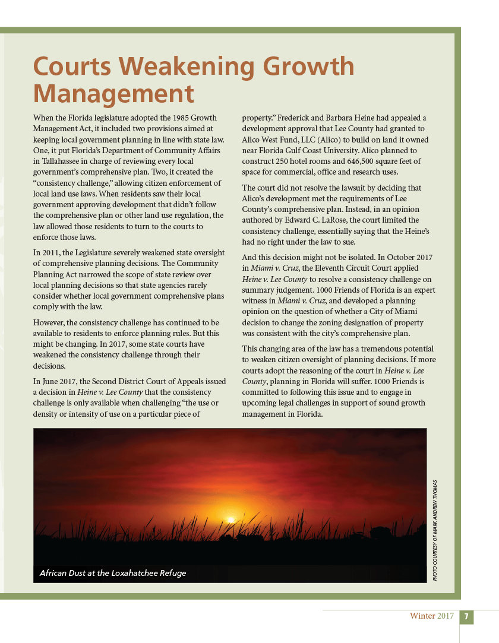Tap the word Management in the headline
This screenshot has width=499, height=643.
click(x=113, y=94)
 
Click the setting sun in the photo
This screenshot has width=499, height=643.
click(x=230, y=520)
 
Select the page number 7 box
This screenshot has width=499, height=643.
click(x=467, y=616)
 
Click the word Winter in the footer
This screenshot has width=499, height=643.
click(x=422, y=616)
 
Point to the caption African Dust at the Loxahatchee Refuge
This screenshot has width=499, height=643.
click(x=112, y=573)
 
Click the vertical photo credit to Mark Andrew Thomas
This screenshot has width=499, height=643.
click(x=435, y=530)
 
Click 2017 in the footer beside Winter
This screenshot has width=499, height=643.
click(x=446, y=616)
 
